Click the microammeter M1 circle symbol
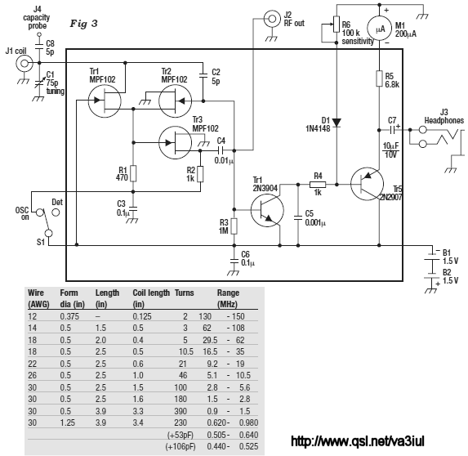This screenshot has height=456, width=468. click(379, 29)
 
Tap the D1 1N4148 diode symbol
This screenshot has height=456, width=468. click(337, 123)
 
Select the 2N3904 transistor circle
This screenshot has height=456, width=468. click(267, 210)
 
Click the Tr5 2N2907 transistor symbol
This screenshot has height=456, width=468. click(367, 184)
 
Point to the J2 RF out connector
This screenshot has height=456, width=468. click(272, 19)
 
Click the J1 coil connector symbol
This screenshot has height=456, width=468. click(24, 63)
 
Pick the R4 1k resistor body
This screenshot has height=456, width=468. click(318, 185)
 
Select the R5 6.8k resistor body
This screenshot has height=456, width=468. click(379, 78)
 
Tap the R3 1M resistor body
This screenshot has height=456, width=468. click(234, 226)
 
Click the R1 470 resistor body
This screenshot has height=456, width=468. click(133, 173)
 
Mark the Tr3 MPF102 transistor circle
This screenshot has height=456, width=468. click(176, 143)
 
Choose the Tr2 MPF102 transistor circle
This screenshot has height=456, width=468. click(176, 101)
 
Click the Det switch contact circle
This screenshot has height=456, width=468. click(56, 212)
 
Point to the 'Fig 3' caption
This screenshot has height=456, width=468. click(83, 24)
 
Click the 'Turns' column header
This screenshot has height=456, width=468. click(184, 293)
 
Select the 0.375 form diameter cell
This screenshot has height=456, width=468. click(69, 316)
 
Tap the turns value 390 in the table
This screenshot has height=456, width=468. click(181, 411)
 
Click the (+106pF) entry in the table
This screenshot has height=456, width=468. click(181, 446)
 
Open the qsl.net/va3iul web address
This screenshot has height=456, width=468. click(357, 441)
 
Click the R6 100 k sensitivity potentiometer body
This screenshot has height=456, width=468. click(337, 25)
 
